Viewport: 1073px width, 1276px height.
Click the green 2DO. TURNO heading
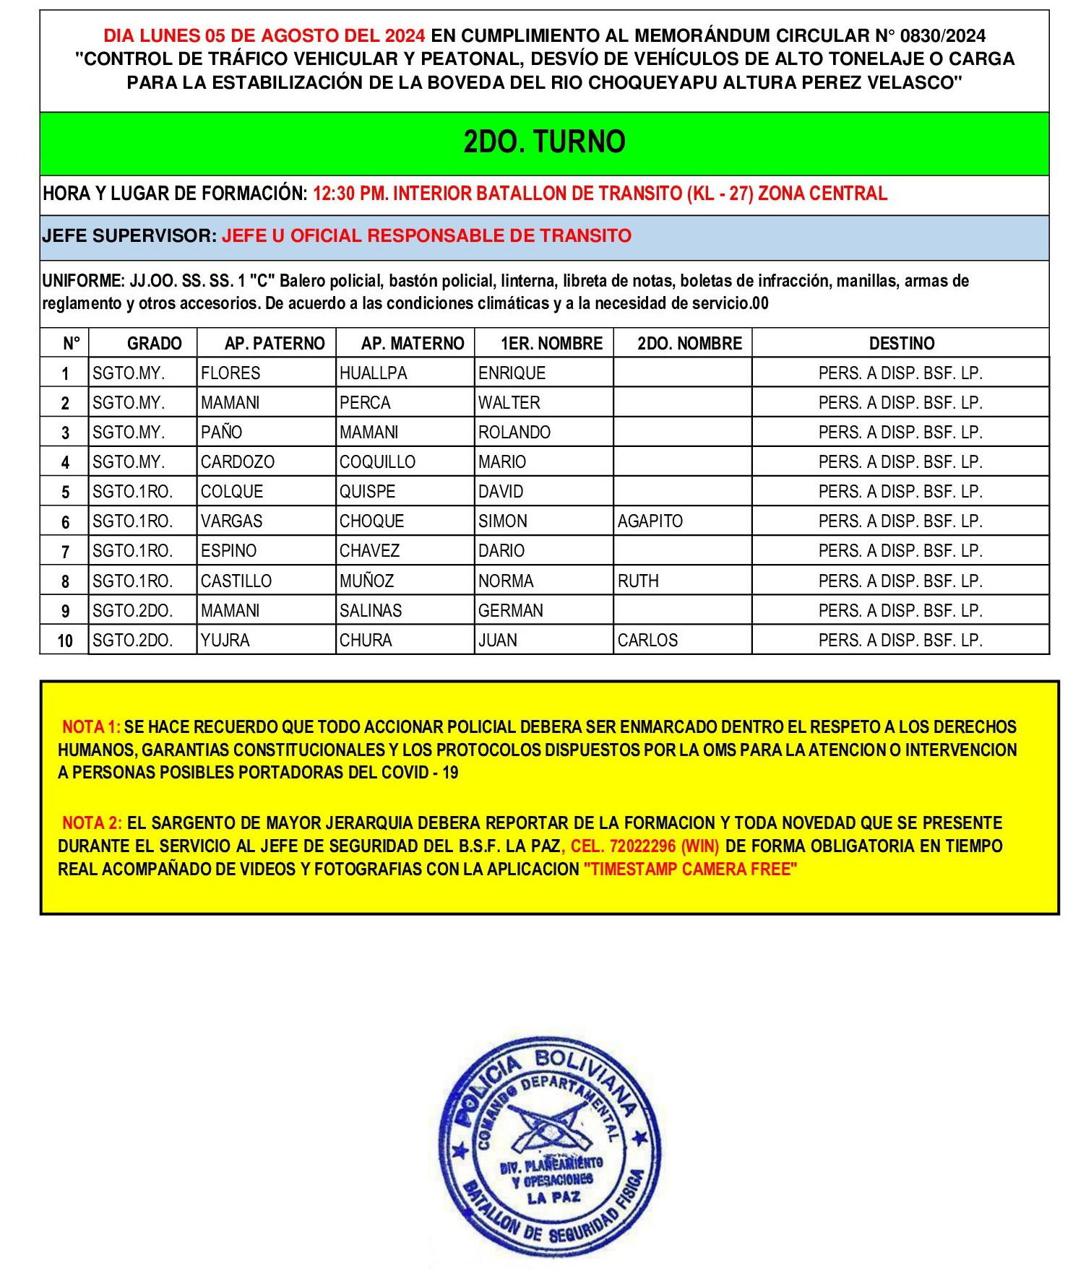(544, 142)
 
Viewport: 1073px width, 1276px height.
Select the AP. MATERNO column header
(412, 343)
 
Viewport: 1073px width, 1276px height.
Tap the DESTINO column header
(900, 343)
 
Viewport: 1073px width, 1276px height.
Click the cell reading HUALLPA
(373, 373)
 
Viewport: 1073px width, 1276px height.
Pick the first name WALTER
(509, 403)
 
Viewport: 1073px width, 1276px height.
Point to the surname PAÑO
(221, 433)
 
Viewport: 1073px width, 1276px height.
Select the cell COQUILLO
(377, 462)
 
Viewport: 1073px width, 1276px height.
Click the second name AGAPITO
(650, 521)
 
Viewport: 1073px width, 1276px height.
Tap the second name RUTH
(638, 581)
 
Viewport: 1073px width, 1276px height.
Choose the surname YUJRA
(225, 641)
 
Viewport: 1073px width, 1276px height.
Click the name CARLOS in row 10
(647, 641)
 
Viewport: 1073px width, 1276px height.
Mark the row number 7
(65, 552)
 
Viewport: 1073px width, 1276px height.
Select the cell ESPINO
(228, 551)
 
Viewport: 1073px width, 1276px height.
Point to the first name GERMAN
(510, 611)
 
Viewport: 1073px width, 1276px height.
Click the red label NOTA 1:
(91, 726)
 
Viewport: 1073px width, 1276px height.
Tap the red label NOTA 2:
(92, 823)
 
